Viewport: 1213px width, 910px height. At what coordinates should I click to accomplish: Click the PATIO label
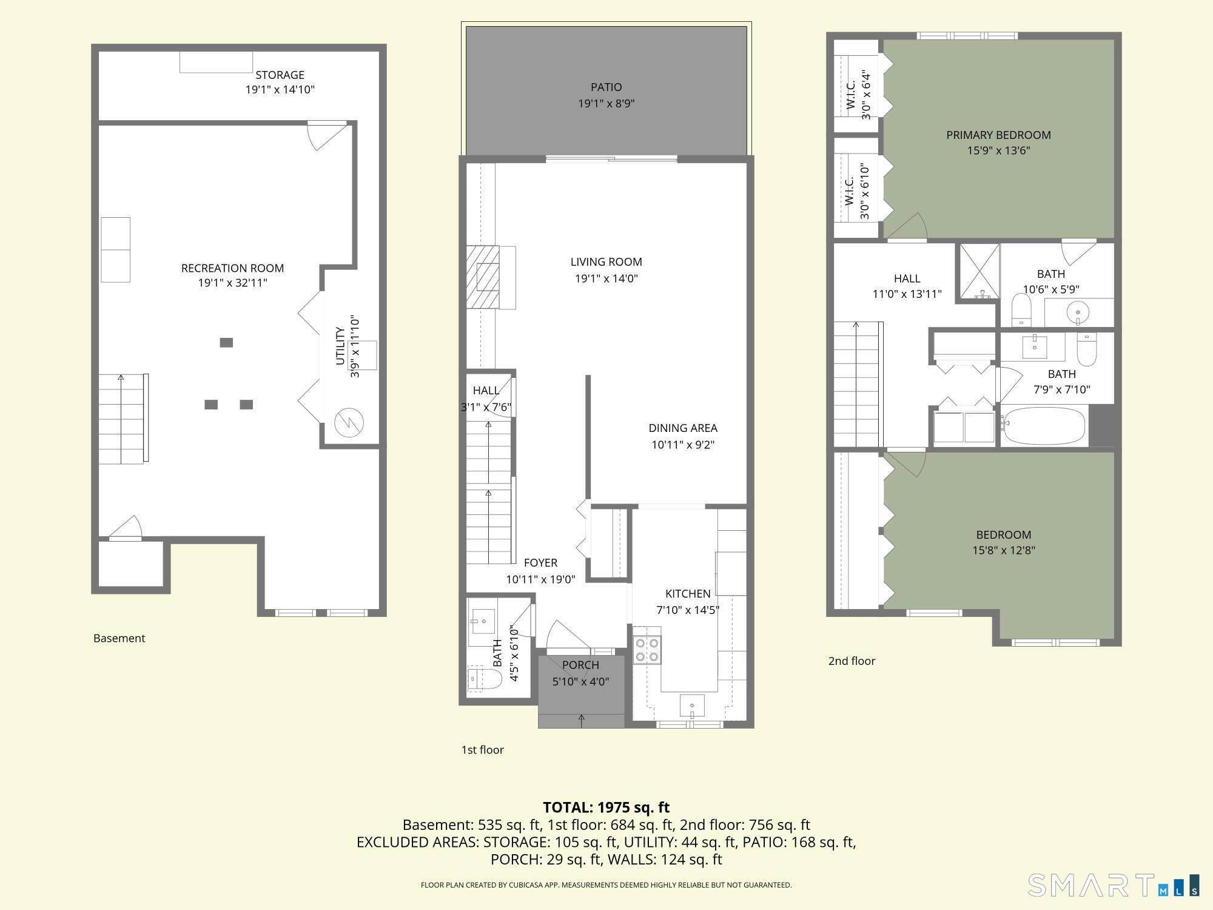tap(606, 87)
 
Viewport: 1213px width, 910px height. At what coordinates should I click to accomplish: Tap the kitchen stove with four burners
tap(647, 650)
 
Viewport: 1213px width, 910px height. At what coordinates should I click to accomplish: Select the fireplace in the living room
tap(483, 278)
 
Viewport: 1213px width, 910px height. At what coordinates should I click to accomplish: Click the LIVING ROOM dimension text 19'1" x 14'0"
tap(606, 278)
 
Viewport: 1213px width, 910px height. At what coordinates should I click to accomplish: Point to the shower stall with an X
tap(978, 272)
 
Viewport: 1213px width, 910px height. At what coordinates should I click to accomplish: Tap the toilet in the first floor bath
tap(485, 681)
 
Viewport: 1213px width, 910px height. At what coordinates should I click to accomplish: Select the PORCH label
tap(580, 665)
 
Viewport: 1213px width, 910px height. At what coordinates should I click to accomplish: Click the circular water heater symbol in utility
tap(349, 422)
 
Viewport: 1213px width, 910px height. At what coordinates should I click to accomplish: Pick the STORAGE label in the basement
tap(280, 75)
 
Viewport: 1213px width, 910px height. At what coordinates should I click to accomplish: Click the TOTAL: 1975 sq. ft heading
tap(606, 807)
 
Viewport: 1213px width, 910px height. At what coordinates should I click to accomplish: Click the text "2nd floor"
tap(852, 661)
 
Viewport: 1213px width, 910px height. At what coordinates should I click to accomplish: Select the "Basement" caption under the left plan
tap(119, 638)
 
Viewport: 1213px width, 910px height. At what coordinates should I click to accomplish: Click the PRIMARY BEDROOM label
tap(998, 135)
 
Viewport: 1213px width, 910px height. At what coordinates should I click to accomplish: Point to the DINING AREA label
tap(683, 428)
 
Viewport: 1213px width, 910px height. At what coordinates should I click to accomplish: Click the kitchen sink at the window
tap(691, 706)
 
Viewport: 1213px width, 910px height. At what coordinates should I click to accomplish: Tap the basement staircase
tap(121, 419)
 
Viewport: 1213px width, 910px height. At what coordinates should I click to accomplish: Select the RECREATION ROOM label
tap(232, 268)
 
